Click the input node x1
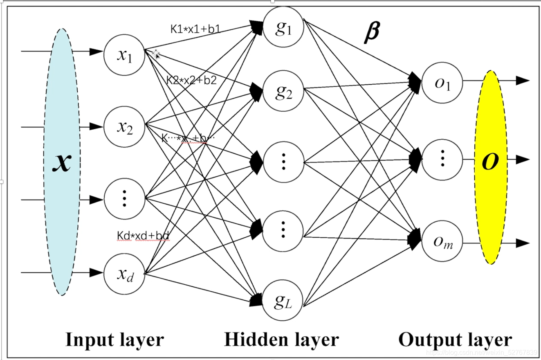tap(124, 55)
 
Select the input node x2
tap(124, 127)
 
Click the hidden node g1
tap(283, 27)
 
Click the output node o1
tap(442, 83)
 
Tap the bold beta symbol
tap(371, 33)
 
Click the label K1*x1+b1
tap(195, 29)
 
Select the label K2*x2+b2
tap(191, 80)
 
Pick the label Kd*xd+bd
tap(143, 236)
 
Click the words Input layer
tap(114, 340)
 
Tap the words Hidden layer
tap(281, 340)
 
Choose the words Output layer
tap(455, 340)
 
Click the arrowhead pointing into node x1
tap(96, 52)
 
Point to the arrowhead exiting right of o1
tap(522, 81)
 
